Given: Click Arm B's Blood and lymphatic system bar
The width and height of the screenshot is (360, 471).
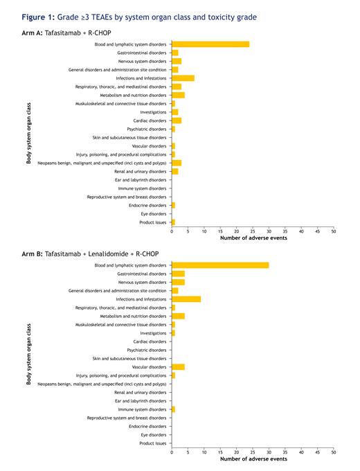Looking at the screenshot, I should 220,265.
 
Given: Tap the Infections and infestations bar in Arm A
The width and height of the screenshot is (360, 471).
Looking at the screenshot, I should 183,78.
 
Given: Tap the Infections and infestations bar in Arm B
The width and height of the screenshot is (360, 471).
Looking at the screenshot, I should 186,299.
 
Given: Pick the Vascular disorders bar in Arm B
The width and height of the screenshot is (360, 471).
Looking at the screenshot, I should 178,367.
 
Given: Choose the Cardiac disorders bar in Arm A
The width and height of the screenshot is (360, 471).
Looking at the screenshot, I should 177,121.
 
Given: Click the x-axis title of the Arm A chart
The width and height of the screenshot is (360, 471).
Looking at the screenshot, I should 253,238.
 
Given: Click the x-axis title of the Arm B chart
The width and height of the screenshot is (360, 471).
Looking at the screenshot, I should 253,459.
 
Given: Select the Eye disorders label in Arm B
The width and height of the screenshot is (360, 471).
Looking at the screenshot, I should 152,435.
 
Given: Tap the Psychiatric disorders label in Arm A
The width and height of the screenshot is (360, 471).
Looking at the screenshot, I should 146,129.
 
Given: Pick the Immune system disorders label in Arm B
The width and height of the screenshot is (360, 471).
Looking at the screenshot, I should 142,409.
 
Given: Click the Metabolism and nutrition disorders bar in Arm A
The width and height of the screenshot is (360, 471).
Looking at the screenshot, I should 178,95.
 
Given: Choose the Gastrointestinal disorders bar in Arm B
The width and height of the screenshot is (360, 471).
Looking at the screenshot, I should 178,274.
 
